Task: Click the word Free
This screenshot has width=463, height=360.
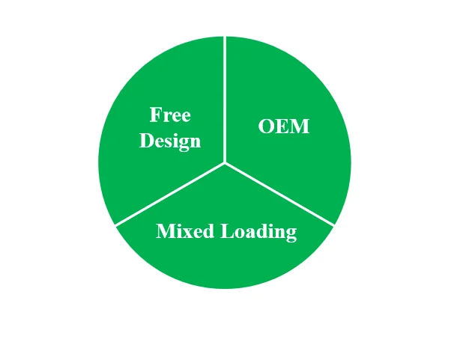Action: [170, 115]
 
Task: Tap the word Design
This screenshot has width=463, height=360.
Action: [170, 141]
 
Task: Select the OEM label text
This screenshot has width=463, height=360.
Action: [283, 126]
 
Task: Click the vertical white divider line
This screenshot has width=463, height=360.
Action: [225, 97]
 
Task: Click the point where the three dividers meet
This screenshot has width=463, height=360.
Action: [225, 162]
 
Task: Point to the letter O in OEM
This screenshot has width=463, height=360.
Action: [266, 126]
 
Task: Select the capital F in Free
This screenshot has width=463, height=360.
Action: [155, 115]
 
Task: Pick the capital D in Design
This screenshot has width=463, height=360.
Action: [147, 140]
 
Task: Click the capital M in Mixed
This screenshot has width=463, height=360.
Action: [164, 231]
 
